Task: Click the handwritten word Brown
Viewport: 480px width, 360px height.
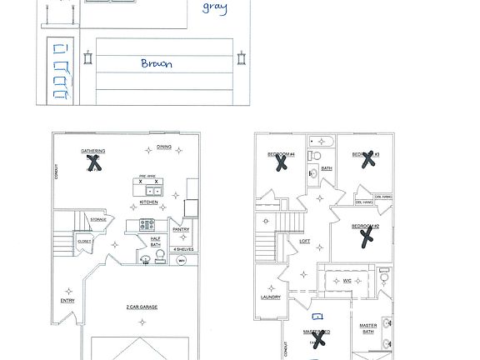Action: coord(156,62)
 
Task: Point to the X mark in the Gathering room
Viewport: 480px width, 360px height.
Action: coord(95,162)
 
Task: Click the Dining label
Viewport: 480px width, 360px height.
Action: coord(164,147)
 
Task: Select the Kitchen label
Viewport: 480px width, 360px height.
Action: coord(148,202)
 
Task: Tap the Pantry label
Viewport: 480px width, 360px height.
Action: coord(181,229)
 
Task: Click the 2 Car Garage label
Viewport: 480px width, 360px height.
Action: coord(142,307)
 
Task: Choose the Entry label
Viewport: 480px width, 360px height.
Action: coord(67,301)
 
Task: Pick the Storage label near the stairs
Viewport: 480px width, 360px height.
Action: coord(98,220)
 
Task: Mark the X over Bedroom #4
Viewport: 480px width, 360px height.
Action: coord(282,163)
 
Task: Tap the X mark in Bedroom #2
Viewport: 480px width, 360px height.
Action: coord(365,238)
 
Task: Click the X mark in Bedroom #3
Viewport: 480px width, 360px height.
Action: coord(365,160)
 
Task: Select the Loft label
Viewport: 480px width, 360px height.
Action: coord(305,241)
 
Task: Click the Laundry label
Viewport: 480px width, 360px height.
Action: coord(271,297)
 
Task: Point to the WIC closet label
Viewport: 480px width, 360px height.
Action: coord(347,281)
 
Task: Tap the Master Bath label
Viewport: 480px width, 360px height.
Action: coord(368,328)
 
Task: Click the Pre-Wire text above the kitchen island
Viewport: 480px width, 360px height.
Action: coord(147,176)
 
